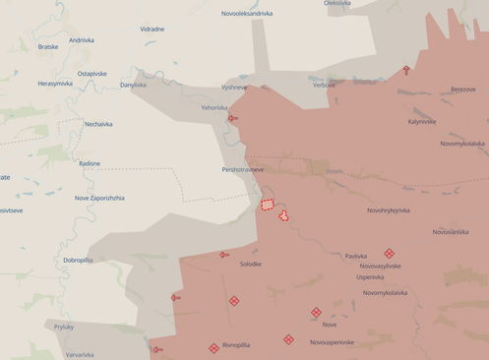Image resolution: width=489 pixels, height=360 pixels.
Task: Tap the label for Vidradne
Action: point(153,30)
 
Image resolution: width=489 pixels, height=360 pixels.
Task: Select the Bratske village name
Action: point(48,46)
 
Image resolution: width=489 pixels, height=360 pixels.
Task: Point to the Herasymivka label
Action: point(55,84)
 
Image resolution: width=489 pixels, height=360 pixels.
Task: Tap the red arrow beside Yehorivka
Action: point(233,118)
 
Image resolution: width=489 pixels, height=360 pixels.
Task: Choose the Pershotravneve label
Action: point(243,169)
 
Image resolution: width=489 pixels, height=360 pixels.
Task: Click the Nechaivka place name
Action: point(98,124)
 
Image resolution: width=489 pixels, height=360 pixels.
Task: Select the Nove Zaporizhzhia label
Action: point(99,198)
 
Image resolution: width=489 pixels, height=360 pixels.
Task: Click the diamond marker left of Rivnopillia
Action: point(214,348)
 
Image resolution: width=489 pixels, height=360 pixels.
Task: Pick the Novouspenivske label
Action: point(332,342)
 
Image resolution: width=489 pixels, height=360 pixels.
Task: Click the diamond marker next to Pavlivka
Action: point(389,253)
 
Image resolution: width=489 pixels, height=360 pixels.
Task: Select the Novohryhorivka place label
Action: point(389,210)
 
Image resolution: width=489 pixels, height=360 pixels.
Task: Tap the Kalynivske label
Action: point(421,122)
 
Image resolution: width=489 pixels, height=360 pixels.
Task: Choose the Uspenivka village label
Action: point(370,277)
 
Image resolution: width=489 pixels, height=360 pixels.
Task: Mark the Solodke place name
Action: point(250,264)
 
